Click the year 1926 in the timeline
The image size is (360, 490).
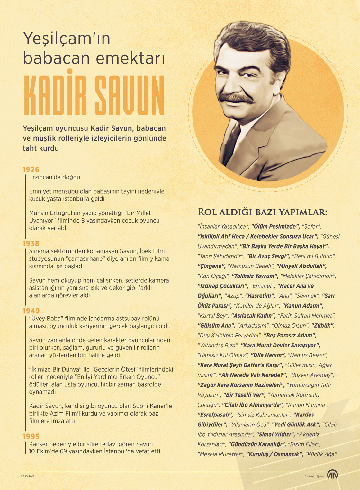click(x=31, y=170)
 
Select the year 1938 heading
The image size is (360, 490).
click(x=31, y=243)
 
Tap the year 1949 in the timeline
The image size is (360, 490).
click(x=31, y=311)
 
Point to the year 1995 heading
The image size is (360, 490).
click(x=31, y=436)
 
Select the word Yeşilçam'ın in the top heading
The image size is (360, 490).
click(x=67, y=39)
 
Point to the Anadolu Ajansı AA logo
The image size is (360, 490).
click(x=332, y=475)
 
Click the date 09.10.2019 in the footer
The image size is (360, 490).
click(x=28, y=476)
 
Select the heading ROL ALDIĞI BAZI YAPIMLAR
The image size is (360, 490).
click(x=262, y=212)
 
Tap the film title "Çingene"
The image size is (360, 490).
click(x=211, y=266)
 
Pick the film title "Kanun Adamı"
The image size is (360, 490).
click(x=303, y=306)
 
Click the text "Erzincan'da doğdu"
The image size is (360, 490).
click(x=55, y=177)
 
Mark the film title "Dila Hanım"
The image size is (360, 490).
click(x=268, y=355)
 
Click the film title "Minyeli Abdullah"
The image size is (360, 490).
click(x=301, y=266)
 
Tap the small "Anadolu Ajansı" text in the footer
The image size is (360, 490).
click(x=314, y=477)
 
